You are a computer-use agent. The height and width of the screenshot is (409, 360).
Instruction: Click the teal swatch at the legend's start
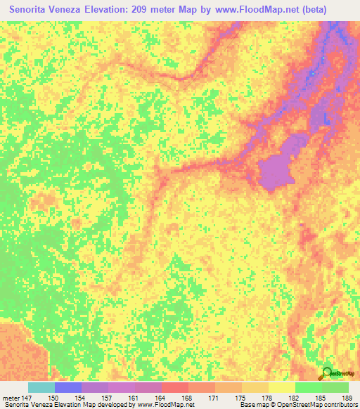tap(41, 387)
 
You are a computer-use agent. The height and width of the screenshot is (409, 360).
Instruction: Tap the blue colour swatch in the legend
tap(68, 387)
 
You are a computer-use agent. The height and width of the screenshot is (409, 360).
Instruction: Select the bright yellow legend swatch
tap(281, 387)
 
